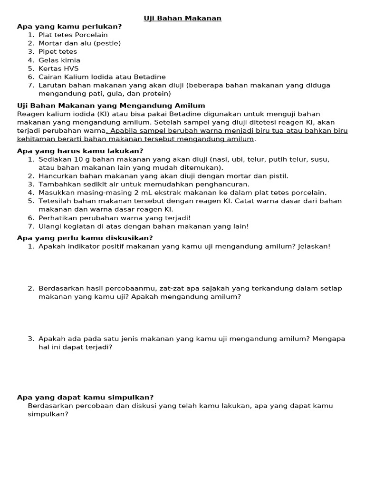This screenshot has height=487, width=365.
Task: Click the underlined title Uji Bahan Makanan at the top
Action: tap(183, 18)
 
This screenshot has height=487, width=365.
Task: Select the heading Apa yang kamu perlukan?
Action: tap(69, 27)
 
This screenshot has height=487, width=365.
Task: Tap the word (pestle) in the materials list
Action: tap(107, 43)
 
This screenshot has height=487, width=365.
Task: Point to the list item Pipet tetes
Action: tap(58, 52)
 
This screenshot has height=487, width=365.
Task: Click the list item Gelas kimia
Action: tap(59, 60)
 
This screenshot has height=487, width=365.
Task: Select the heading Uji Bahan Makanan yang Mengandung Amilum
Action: tap(111, 106)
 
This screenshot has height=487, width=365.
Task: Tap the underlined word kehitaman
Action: tap(36, 139)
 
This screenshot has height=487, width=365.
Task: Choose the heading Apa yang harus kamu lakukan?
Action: tap(80, 151)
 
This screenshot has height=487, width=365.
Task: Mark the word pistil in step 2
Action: tap(279, 176)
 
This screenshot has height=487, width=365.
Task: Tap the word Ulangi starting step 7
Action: tap(49, 226)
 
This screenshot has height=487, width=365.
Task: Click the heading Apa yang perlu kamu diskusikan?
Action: tap(85, 238)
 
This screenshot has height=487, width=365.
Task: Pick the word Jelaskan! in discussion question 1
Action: tap(314, 246)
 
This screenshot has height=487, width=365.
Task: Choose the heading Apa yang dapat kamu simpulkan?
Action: tap(85, 398)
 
